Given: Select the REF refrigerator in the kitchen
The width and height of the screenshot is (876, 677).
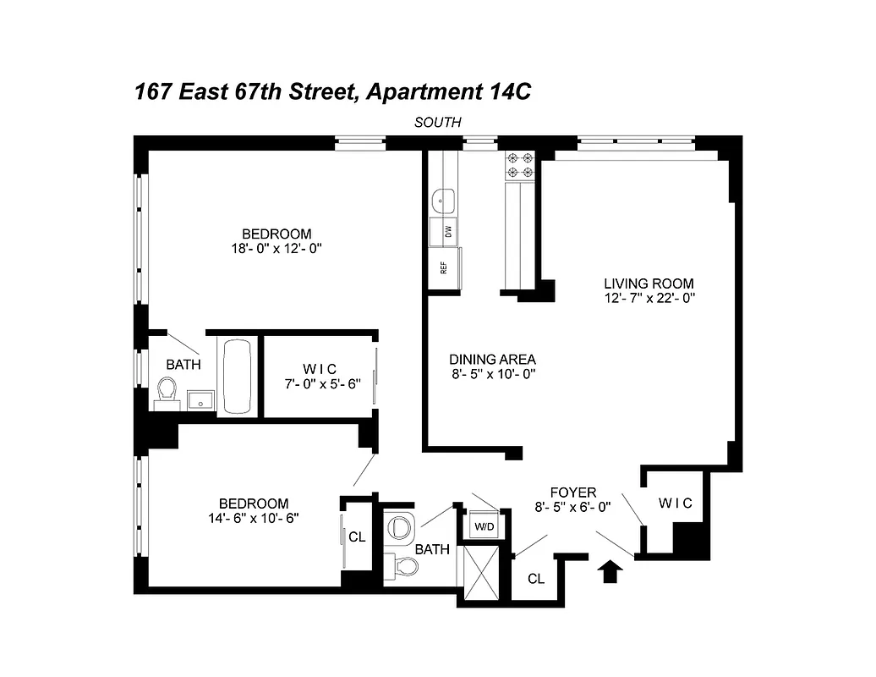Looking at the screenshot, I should point(443,267).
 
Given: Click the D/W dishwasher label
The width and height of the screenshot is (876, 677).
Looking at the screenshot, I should point(448,230).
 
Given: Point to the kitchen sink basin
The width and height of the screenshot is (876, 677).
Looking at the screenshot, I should point(443,201).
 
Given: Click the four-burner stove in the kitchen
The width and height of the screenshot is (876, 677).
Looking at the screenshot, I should point(519,165).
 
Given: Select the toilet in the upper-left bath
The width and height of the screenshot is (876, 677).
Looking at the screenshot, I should point(167,390).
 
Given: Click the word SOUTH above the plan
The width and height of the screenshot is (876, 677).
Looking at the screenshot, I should point(437,122).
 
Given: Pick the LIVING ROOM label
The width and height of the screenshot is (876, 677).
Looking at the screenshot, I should point(649,283).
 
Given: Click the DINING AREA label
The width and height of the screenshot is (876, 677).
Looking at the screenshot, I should point(493,358).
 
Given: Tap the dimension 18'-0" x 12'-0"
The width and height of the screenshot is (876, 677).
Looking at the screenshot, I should point(276,249).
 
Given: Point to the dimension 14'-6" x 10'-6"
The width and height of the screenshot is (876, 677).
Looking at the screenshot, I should point(254,518).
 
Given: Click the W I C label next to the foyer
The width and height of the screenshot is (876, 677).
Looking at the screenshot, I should point(675,504).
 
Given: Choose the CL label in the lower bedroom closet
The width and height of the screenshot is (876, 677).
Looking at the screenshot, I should point(357,537).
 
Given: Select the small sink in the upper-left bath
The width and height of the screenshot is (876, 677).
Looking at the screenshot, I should point(200,399).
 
